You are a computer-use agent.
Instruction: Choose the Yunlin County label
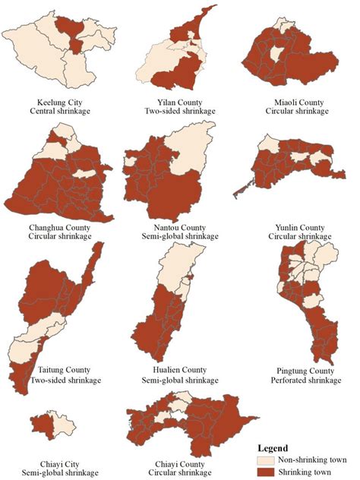(x=302, y=227)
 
